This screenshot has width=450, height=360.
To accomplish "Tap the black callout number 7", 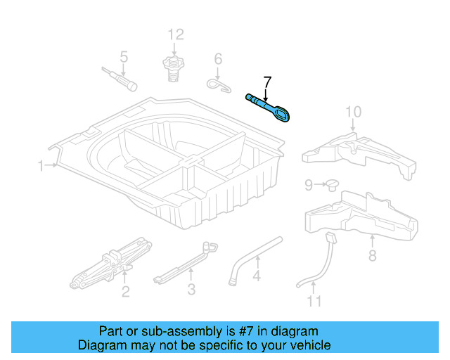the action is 267,82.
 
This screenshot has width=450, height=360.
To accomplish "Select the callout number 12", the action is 176,34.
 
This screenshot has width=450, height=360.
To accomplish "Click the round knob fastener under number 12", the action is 174,69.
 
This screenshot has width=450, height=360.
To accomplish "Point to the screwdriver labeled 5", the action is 120,79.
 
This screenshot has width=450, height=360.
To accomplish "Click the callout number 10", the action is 353,112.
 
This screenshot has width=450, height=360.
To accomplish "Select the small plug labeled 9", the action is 332,185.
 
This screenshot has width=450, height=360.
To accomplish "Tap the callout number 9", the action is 309,185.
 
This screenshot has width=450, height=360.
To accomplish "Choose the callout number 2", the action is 126,292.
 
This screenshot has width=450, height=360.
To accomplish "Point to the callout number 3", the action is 191,289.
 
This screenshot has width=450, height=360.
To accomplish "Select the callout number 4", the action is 257,276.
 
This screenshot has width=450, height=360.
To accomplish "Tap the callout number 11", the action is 314,301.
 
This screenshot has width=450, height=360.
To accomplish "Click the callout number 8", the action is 372,255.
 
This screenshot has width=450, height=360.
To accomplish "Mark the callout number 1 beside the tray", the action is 41,166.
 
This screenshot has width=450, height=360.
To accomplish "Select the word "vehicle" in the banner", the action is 314,345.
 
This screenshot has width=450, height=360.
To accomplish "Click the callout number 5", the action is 124,57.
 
